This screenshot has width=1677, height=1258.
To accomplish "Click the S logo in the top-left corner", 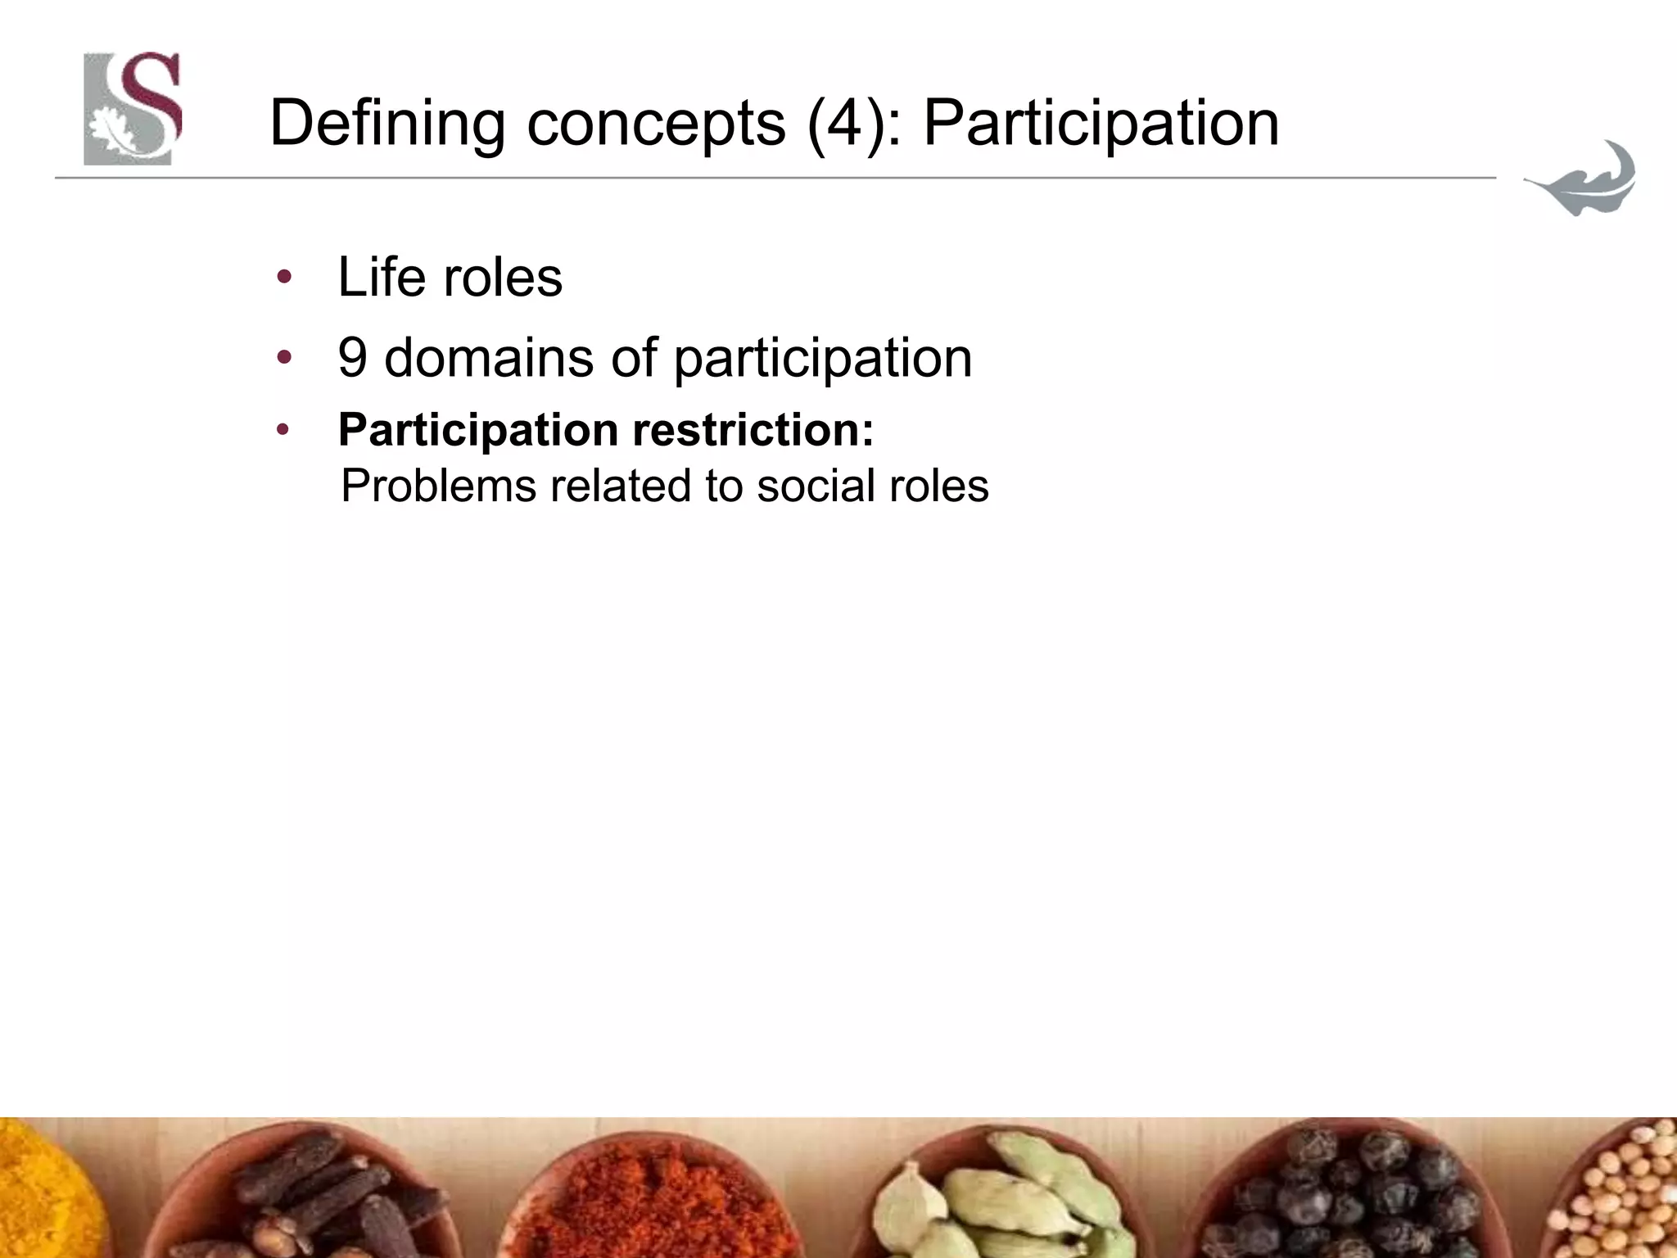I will click(x=132, y=108).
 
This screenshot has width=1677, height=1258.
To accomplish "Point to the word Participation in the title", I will click(x=1101, y=124).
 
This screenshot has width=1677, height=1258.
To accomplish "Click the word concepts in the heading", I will click(x=655, y=124).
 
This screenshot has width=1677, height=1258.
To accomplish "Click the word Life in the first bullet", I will click(x=382, y=277).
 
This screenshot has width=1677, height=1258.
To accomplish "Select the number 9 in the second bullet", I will click(x=352, y=358).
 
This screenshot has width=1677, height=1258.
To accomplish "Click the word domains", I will click(x=488, y=358).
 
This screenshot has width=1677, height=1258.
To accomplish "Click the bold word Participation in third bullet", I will click(x=478, y=430).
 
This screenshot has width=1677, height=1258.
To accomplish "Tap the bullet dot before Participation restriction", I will click(x=283, y=430).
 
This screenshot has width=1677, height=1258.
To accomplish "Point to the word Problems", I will click(x=438, y=486).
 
